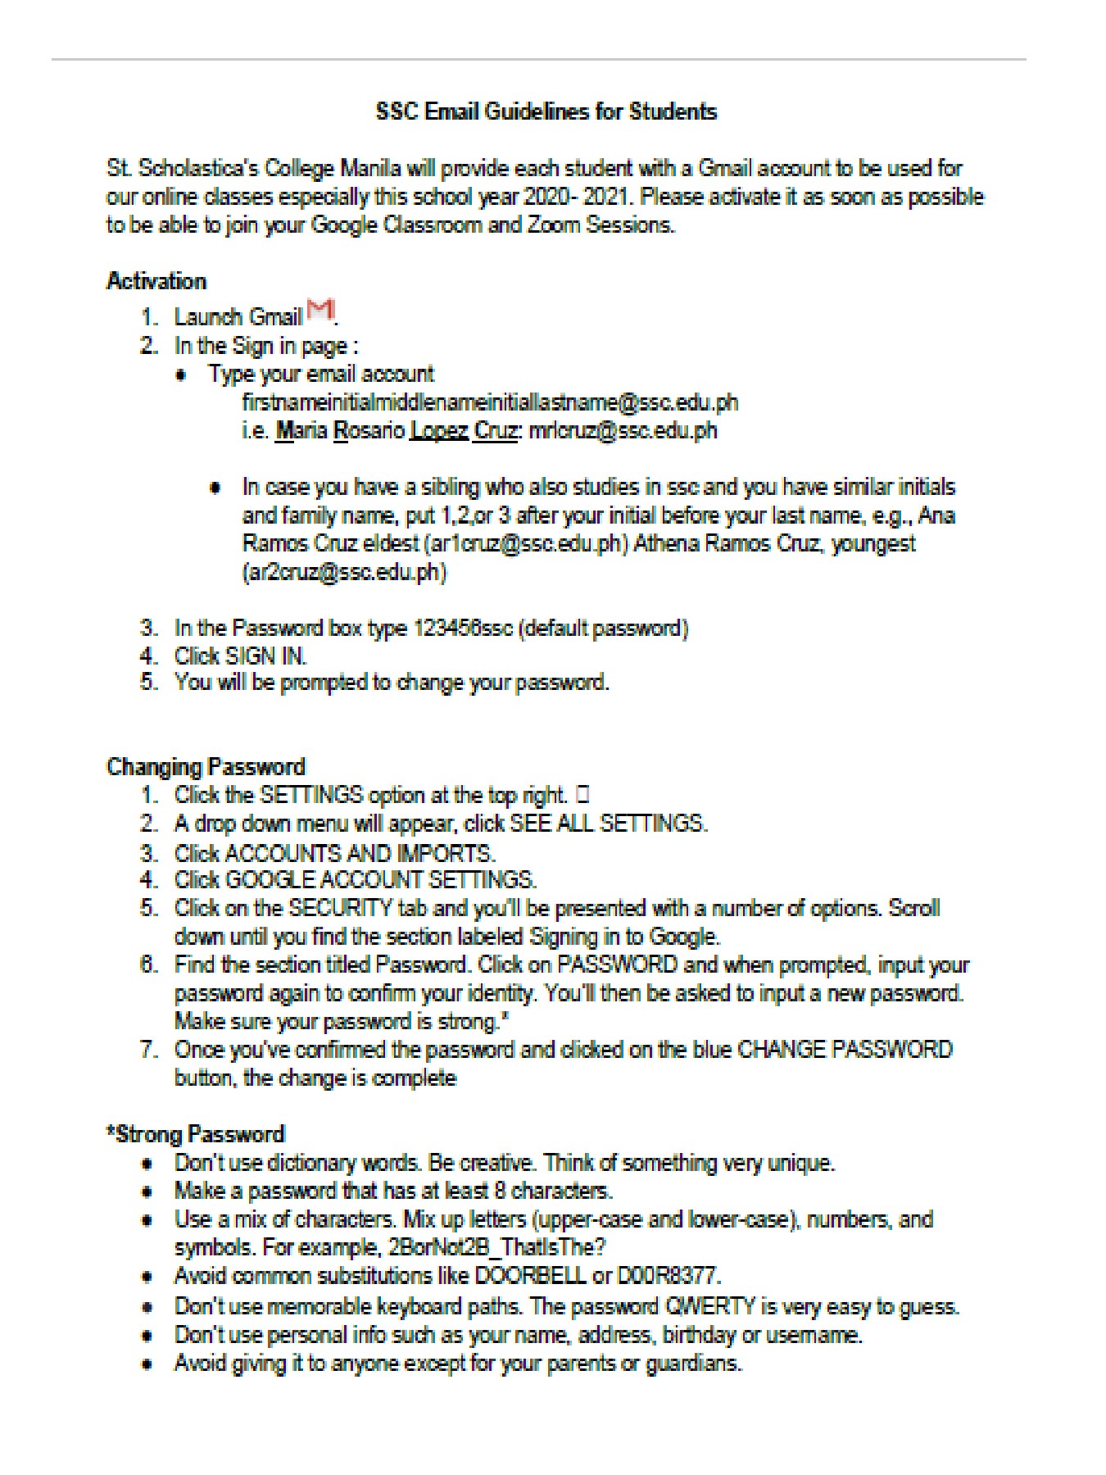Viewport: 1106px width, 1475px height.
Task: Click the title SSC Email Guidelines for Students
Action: pyautogui.click(x=546, y=111)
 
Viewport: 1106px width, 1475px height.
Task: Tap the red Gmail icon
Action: pyautogui.click(x=320, y=311)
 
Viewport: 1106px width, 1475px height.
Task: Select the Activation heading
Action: pyautogui.click(x=156, y=281)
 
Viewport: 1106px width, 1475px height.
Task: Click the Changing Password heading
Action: pyautogui.click(x=206, y=767)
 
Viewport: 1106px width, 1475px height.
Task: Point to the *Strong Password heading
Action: pyautogui.click(x=196, y=1134)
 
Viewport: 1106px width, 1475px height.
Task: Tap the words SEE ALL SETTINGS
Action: pyautogui.click(x=607, y=824)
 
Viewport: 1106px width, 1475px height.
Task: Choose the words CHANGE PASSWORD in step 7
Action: pyautogui.click(x=845, y=1050)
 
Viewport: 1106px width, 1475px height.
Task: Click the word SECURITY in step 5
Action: pyautogui.click(x=340, y=908)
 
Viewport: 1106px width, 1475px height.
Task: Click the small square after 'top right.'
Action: pyautogui.click(x=582, y=794)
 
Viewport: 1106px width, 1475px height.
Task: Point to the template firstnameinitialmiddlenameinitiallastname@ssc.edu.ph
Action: pyautogui.click(x=490, y=402)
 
